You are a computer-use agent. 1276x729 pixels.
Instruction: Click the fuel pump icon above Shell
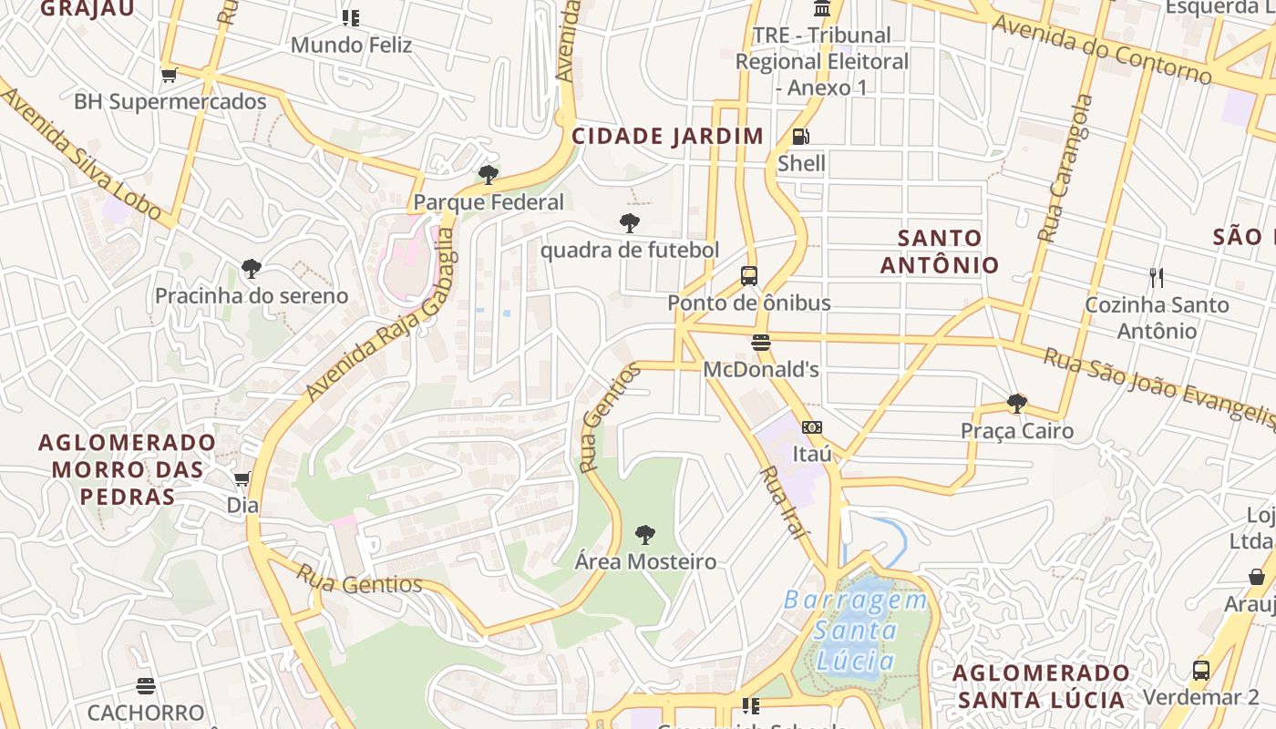pos(800,138)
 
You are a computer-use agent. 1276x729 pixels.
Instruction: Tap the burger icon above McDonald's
pos(761,343)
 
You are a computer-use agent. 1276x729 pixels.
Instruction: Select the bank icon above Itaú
pos(811,427)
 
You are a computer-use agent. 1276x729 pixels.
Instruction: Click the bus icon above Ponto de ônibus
pos(749,275)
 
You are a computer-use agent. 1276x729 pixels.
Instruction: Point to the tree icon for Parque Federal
pos(489,175)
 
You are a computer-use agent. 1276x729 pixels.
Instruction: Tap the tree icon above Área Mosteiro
pos(645,535)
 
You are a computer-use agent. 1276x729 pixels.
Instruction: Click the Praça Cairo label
pos(1017,430)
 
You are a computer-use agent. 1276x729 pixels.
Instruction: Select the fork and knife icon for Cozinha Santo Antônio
pos(1157,277)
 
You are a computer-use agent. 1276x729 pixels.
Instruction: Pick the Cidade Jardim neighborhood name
pos(667,137)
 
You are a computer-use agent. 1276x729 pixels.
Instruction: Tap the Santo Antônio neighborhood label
pos(940,252)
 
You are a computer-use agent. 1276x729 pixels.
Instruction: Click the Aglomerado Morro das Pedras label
pos(128,469)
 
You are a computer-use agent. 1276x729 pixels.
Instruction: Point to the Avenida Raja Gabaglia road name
pos(382,314)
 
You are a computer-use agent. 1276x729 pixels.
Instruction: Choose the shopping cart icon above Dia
pos(242,479)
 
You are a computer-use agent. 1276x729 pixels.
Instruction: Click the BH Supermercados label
pos(170,101)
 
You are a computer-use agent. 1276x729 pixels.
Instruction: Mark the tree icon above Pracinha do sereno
pos(252,269)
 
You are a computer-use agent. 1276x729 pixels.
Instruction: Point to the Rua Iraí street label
pos(783,501)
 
